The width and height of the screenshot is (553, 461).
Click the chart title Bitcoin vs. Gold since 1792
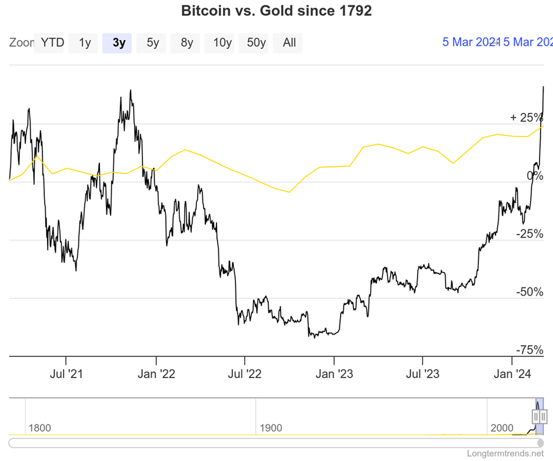point(276,11)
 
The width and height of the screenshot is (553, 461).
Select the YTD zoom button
point(52,43)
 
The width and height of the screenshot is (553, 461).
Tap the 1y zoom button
point(85,43)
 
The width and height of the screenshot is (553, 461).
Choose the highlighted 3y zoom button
point(119,43)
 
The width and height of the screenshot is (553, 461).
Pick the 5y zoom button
point(153,43)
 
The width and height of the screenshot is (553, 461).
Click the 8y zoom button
point(187,43)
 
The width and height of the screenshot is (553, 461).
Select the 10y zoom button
point(222,43)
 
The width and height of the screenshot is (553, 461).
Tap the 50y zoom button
point(256,43)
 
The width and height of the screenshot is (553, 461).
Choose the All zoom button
point(289,43)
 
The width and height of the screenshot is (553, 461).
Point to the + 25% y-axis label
point(527,118)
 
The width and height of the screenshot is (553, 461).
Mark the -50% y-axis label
point(529,292)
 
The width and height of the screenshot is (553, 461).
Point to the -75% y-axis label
point(529,350)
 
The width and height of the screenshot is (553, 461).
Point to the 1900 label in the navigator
point(270,428)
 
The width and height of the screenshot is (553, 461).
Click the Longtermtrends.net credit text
point(505,453)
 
